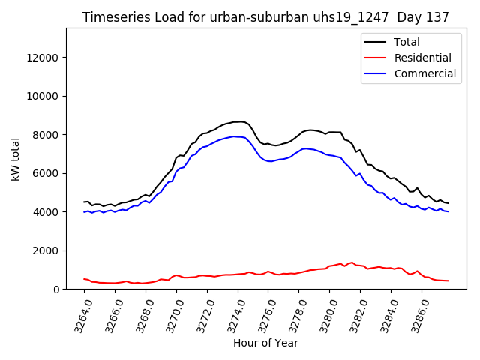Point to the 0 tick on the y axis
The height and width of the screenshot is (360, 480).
pos(55,289)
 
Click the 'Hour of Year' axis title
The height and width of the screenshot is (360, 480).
pos(265,343)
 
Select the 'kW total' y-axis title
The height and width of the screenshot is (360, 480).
pos(15,159)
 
